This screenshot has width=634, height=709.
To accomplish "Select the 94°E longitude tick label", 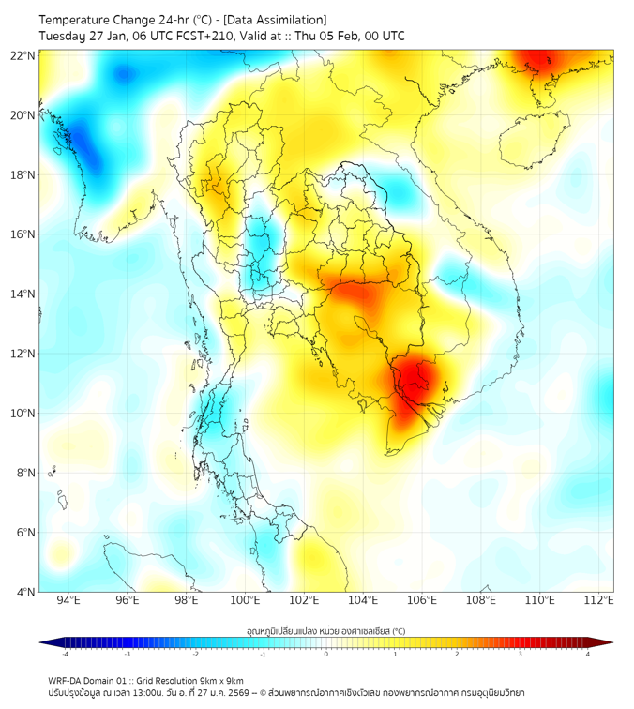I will [x=68, y=600].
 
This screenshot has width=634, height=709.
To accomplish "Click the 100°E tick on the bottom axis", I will [x=245, y=600].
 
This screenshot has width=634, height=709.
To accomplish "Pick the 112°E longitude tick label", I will [x=598, y=600].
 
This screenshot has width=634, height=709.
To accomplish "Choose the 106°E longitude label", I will [x=422, y=600].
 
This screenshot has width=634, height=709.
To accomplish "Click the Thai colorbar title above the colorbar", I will [x=325, y=630].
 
